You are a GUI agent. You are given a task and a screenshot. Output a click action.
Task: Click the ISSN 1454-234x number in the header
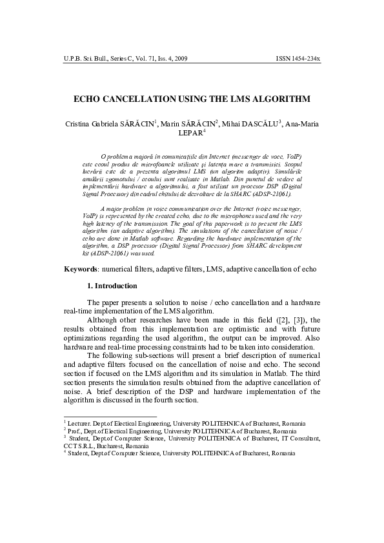click(x=298, y=59)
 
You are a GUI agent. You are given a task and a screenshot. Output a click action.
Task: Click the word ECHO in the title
click(x=90, y=99)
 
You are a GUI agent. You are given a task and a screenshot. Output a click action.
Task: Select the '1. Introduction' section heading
click(x=111, y=286)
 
